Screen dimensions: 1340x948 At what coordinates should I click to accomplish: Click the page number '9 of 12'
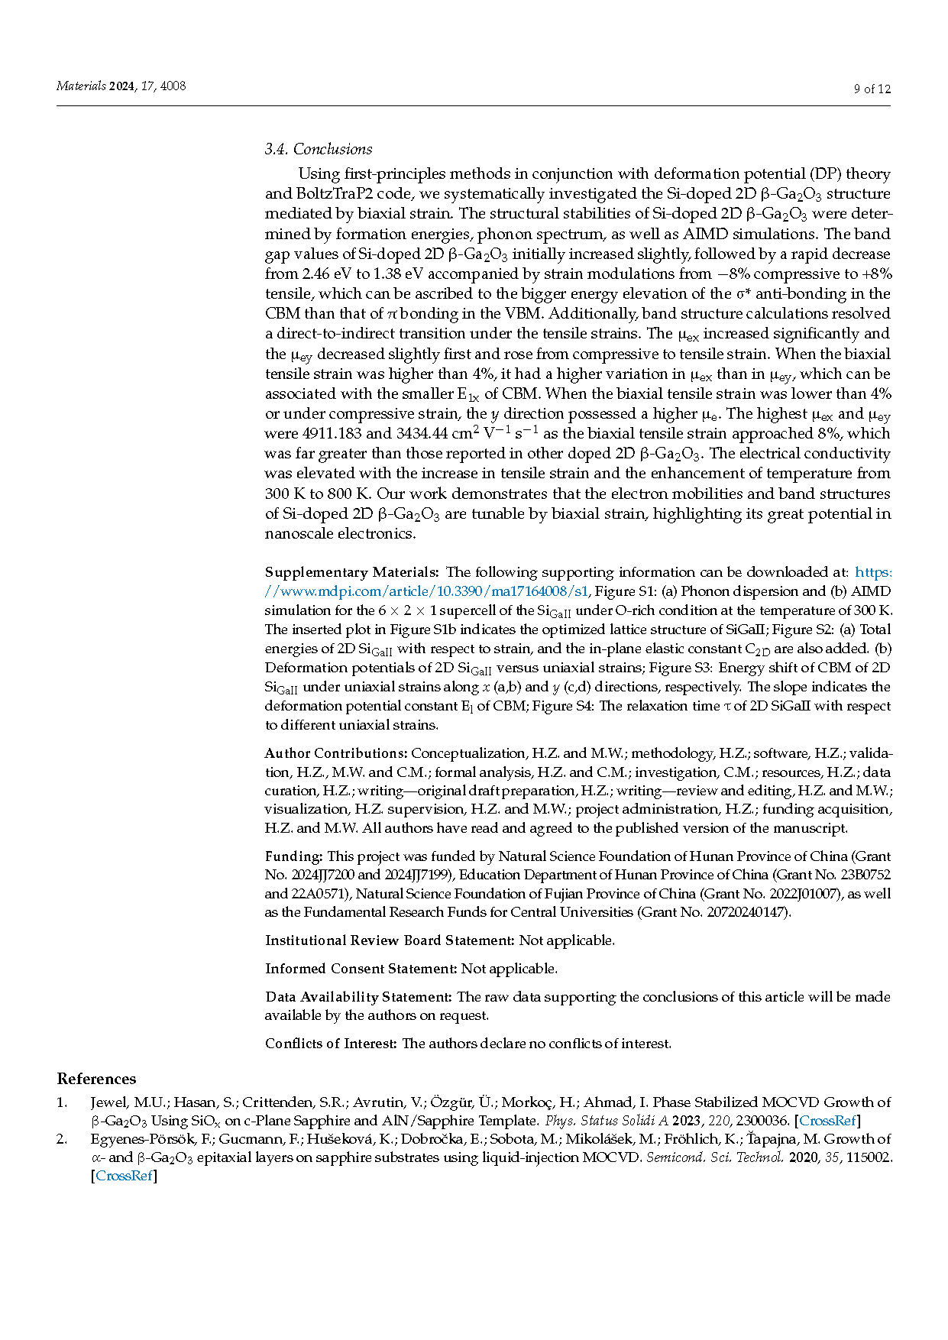(872, 89)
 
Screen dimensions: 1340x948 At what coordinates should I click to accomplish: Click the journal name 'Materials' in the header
(81, 86)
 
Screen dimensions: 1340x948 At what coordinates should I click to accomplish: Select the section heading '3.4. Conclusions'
(319, 149)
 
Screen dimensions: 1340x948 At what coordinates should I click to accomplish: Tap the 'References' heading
(96, 1079)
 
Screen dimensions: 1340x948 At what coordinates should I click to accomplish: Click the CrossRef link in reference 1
(827, 1121)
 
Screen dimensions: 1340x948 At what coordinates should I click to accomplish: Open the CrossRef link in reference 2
(124, 1176)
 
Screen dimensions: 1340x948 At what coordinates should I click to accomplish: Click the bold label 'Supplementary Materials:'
(351, 572)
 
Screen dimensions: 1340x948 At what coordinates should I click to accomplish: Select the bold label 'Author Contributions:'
(336, 753)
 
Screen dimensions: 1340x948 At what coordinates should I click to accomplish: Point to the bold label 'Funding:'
(294, 856)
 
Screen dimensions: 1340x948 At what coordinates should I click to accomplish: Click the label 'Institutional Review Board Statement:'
(390, 940)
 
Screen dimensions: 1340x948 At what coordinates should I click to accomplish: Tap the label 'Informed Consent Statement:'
(361, 969)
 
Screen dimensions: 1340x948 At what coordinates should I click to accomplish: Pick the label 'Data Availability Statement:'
(359, 997)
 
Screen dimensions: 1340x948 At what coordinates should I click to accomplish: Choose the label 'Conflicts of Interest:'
(331, 1044)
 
